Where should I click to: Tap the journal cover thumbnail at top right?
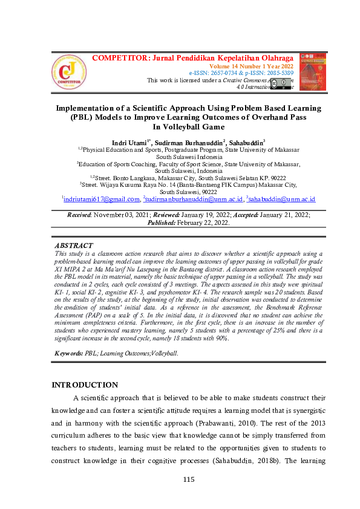[312, 71]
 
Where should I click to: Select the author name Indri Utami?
[131, 141]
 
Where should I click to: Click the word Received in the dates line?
[80, 214]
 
